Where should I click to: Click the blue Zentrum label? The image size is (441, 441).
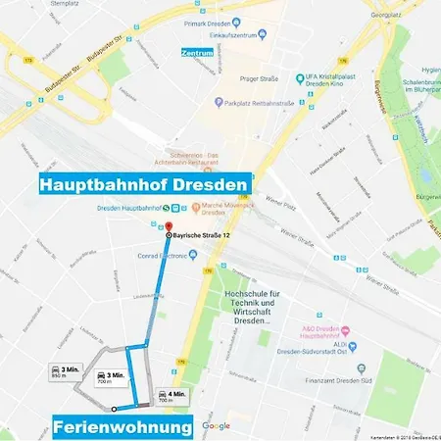click(x=198, y=51)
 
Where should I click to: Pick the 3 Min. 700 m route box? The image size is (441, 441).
click(x=112, y=377)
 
